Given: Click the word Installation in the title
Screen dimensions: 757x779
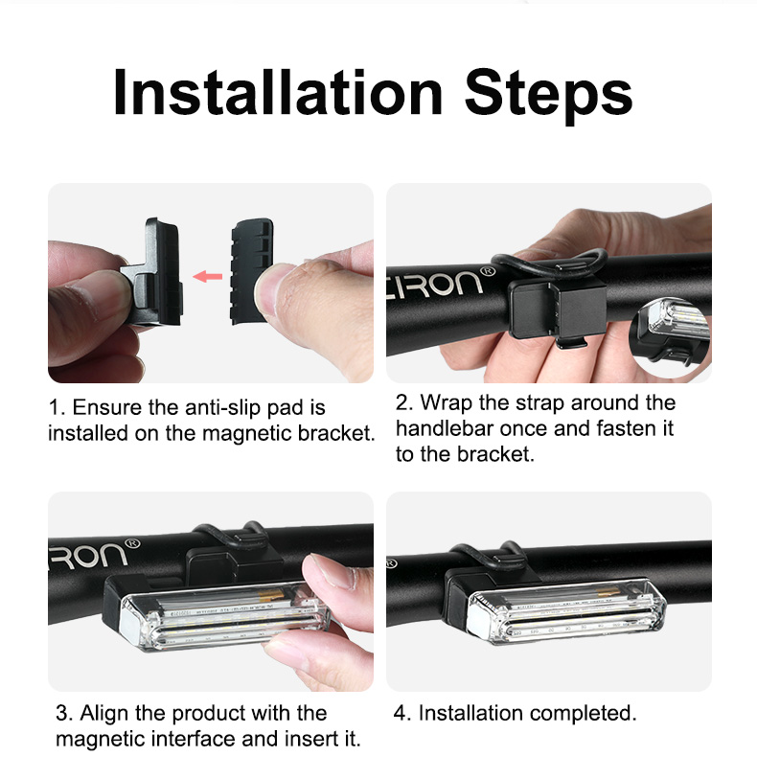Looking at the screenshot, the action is click(278, 93).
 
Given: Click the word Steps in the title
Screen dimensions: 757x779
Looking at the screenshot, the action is click(548, 97).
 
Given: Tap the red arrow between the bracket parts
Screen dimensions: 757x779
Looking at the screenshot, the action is click(208, 276).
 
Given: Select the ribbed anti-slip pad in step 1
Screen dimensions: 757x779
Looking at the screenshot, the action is click(252, 271).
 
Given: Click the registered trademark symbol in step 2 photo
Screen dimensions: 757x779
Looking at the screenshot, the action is click(489, 271).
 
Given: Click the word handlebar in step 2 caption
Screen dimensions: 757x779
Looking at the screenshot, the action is click(445, 428).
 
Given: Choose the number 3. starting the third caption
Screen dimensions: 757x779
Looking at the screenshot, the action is click(64, 714).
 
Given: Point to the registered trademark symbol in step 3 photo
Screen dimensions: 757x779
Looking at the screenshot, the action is click(132, 543).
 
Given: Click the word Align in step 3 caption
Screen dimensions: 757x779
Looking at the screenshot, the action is click(104, 714).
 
